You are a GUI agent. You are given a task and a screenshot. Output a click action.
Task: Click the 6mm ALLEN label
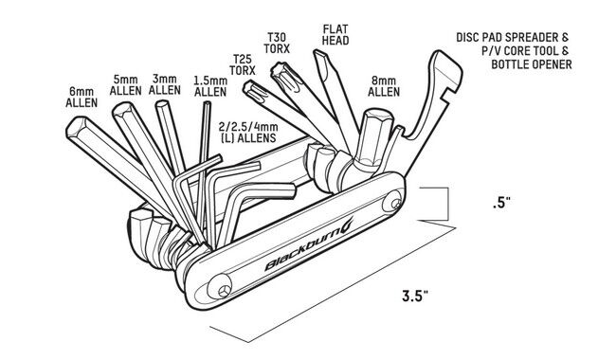point(82,98)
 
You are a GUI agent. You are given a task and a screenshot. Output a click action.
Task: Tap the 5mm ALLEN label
point(125,85)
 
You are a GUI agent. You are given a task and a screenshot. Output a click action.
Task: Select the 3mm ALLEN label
point(165,84)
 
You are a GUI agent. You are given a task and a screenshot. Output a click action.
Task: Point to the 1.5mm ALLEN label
point(210,86)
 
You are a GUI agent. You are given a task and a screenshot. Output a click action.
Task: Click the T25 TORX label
point(243,64)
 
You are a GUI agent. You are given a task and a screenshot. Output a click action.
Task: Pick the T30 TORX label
point(277,44)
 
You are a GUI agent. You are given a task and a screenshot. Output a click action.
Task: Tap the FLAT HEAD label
point(335,34)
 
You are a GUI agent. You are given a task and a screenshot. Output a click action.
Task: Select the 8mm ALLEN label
point(384,86)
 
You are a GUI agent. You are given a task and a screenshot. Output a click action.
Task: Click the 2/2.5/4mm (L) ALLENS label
point(248,133)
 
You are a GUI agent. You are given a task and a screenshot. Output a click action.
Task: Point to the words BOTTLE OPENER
point(531,64)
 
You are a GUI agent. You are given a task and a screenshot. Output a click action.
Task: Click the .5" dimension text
point(501,204)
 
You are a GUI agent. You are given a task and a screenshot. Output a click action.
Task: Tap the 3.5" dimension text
point(415,296)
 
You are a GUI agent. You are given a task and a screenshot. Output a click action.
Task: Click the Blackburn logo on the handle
point(308,244)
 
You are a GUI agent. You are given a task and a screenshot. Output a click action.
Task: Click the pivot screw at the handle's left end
point(221,289)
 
